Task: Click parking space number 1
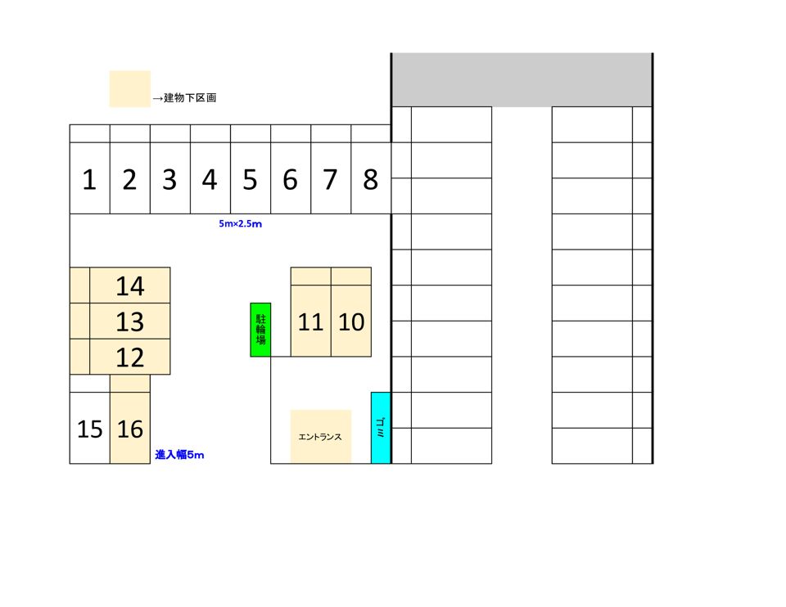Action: (90, 178)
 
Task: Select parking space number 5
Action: (251, 178)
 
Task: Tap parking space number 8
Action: (371, 178)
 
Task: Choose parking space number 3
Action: (170, 178)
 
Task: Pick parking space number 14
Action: (130, 286)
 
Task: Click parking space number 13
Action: (130, 321)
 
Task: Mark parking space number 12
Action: (130, 357)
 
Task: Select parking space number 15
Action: (90, 428)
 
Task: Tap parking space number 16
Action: (130, 428)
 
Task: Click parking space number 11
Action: (311, 321)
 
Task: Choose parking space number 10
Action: (351, 321)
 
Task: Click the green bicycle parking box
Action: (260, 330)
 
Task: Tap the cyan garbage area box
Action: (381, 428)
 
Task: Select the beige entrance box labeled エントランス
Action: (321, 436)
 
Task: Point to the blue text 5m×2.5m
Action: (241, 224)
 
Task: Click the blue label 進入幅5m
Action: (179, 455)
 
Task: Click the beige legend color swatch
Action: (130, 88)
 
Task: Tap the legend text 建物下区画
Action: (190, 97)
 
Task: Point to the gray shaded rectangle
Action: (522, 79)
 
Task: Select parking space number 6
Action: (291, 178)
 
